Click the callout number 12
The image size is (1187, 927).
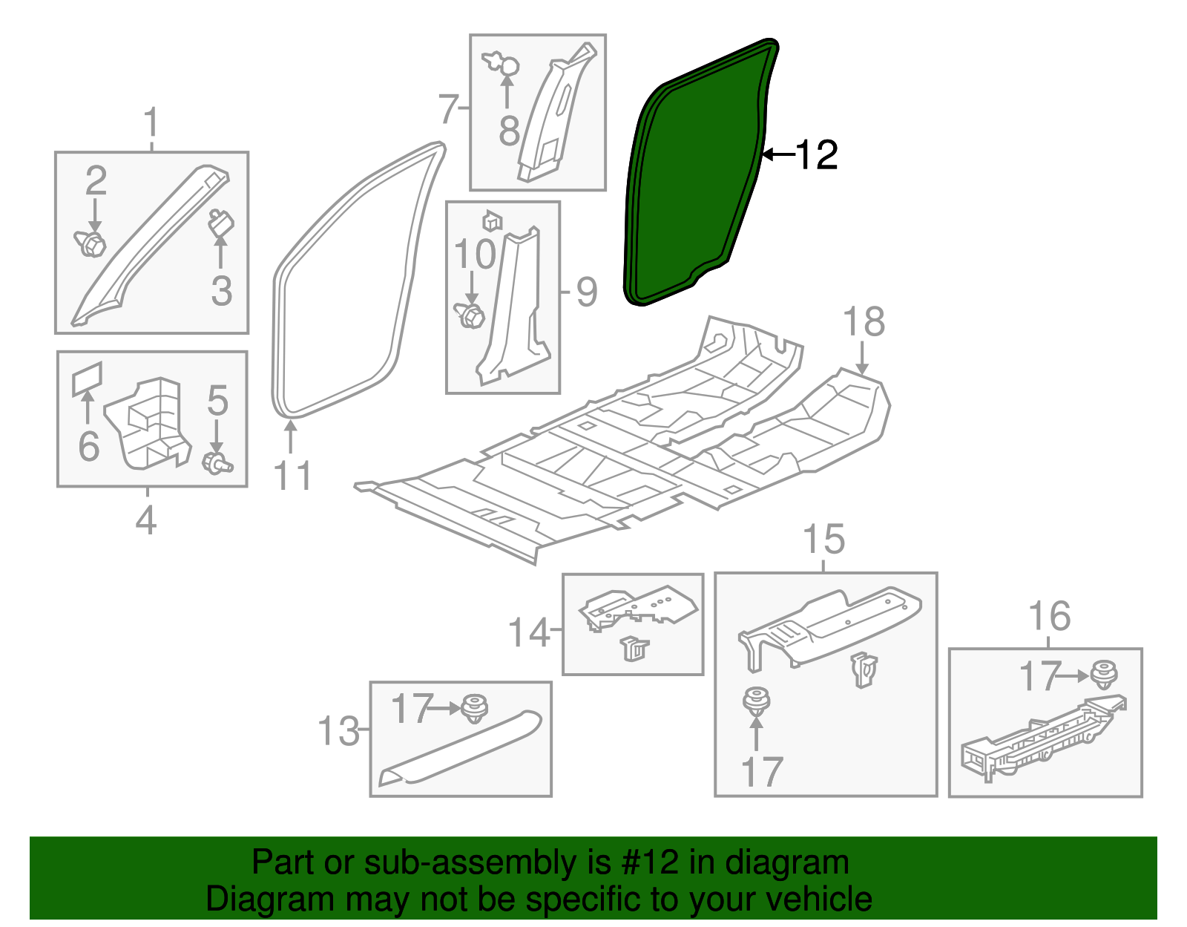(x=816, y=155)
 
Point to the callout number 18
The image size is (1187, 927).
(x=864, y=321)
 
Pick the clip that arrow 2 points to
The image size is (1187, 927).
(x=90, y=243)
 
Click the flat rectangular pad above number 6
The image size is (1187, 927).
(x=87, y=378)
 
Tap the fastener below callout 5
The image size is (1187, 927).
(x=217, y=462)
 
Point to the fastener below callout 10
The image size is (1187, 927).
(x=470, y=315)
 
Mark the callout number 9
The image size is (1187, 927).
(x=587, y=292)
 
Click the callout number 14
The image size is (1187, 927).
(x=529, y=632)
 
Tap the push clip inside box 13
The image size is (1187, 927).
(x=474, y=708)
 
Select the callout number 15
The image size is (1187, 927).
(x=824, y=540)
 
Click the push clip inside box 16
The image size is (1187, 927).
(x=1103, y=675)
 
